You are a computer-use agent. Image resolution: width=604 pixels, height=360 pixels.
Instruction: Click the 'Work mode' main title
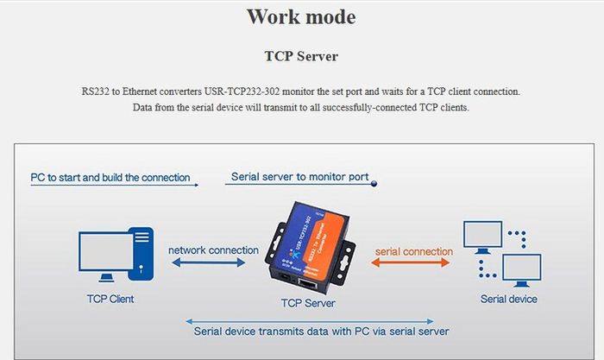tap(301, 17)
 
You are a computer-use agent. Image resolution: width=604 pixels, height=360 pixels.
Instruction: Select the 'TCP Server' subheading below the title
tap(301, 56)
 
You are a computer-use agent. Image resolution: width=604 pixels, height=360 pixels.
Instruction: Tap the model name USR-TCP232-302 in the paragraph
tap(242, 92)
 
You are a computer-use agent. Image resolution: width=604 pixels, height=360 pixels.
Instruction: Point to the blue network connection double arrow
tap(209, 262)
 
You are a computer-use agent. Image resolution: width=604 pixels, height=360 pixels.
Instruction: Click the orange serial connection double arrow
tap(410, 262)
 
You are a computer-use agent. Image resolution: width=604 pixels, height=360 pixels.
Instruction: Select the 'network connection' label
tap(213, 250)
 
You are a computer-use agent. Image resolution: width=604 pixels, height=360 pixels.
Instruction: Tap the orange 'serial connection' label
tap(414, 251)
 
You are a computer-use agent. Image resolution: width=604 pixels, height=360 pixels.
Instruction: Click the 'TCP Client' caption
tap(110, 299)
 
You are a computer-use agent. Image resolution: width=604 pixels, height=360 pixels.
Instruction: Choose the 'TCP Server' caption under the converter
tap(308, 303)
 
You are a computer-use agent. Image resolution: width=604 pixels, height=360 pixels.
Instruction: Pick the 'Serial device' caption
tap(508, 299)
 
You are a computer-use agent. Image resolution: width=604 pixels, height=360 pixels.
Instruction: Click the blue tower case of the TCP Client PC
tap(141, 254)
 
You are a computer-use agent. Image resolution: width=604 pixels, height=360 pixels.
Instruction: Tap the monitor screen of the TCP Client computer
tap(106, 251)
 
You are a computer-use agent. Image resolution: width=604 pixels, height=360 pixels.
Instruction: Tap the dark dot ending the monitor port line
tap(374, 184)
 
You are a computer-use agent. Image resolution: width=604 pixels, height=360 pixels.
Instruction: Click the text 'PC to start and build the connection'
tap(110, 178)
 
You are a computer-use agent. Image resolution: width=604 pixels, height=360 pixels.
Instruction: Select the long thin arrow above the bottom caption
tap(310, 321)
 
